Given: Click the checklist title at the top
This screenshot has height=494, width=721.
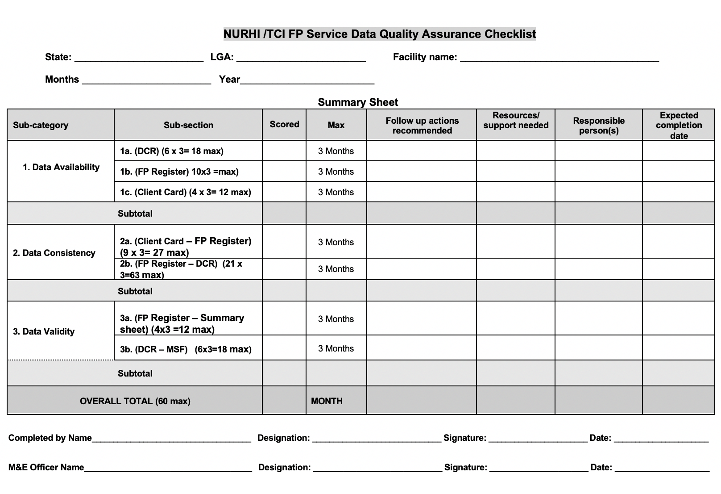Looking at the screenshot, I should pos(379,34).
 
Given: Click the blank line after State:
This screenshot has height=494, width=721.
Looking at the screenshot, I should pos(139,57).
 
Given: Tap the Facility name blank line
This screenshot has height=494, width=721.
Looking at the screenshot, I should pos(559,57).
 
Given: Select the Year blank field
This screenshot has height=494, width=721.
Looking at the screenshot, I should pos(307,80).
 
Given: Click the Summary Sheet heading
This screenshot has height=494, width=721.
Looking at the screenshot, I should pos(358,102).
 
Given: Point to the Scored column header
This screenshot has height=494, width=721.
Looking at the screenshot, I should pos(284,125).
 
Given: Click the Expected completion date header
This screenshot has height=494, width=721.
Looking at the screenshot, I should pos(679,125).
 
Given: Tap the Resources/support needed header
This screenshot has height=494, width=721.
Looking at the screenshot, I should pos(516,121).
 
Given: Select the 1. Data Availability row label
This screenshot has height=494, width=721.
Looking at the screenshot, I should pos(61,167).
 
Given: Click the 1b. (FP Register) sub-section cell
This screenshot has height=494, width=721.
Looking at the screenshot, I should pos(179,172).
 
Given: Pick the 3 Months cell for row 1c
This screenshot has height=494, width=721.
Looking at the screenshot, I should pos(336,192).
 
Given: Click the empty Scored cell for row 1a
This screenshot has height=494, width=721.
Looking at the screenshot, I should pos(284,151).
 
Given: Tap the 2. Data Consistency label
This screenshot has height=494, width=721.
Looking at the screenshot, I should pos(54,253).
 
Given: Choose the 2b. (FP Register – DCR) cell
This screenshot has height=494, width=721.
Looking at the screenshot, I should pos(181,269).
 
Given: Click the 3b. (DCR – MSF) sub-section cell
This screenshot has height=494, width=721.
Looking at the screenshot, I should pos(186,349).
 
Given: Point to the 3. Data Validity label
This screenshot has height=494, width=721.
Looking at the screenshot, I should pos(44,331).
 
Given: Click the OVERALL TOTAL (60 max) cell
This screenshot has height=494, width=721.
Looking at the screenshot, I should pos(135,401).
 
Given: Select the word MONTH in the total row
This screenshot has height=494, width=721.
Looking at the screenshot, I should pos(327,401).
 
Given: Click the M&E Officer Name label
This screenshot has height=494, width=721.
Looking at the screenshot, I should pos(46,467).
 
